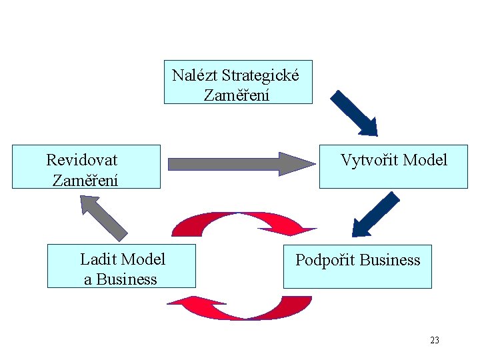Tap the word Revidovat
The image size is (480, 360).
pos(81,160)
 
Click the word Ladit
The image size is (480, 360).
pos(99,259)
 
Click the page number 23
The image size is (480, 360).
pos(435,341)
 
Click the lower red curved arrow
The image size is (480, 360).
pos(240,309)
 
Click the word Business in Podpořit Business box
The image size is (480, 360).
pos(390,260)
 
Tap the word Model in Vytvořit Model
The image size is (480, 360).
pos(425,160)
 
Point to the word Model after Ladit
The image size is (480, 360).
pos(144,259)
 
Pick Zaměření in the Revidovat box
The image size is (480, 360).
pos(85,180)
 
